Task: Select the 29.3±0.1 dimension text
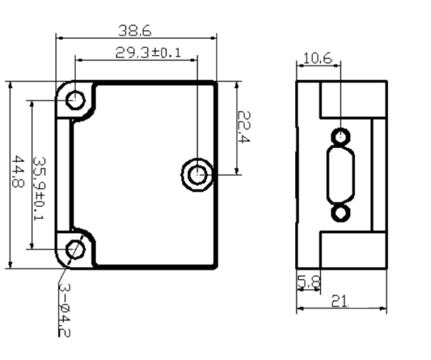click(147, 53)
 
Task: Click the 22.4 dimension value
click(243, 128)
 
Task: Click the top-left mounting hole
click(75, 99)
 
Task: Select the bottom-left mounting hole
click(75, 249)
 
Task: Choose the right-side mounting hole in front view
click(195, 174)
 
